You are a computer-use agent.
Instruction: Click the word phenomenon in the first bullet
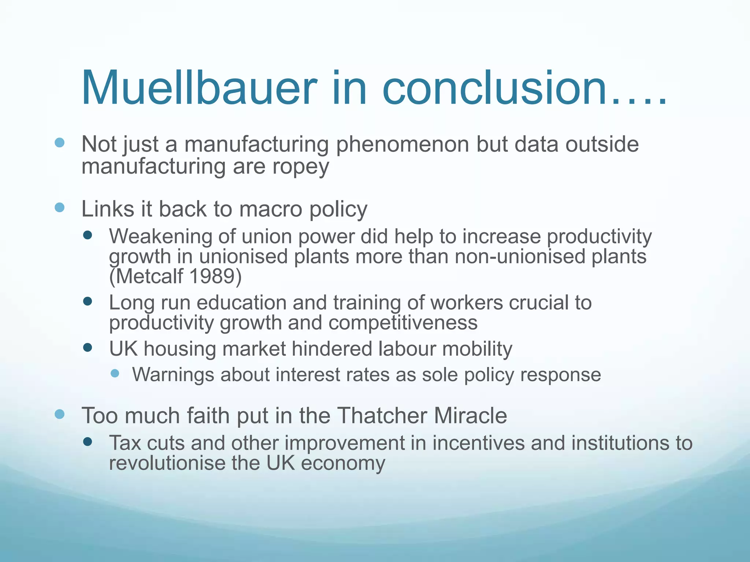click(x=402, y=144)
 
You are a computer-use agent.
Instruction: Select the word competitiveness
click(x=403, y=323)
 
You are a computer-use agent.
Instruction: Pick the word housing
click(x=179, y=349)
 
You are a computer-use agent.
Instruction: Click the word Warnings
click(x=173, y=375)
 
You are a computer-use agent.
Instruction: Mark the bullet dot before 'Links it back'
click(x=59, y=208)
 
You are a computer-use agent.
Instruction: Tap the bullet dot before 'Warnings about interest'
click(x=115, y=373)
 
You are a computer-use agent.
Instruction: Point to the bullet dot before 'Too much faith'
click(x=59, y=414)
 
